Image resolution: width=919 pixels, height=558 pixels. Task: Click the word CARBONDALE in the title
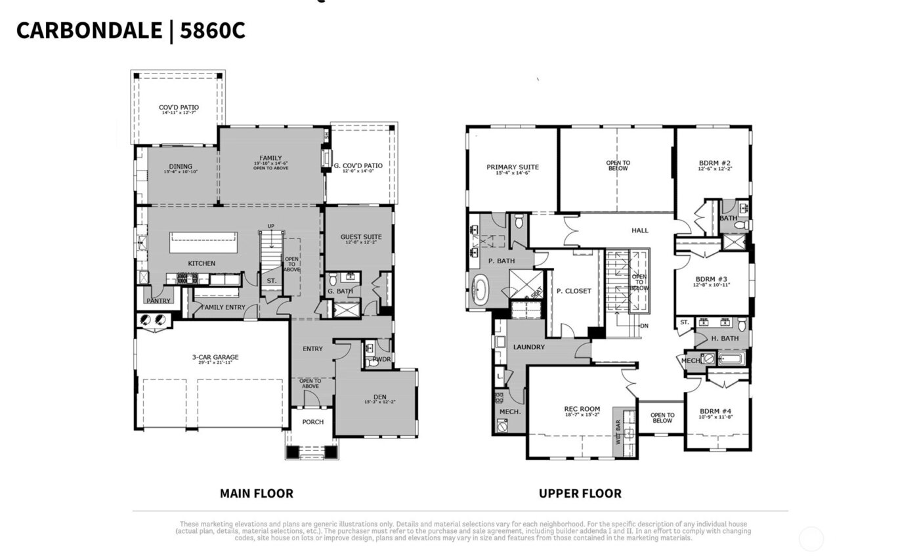[x=89, y=30]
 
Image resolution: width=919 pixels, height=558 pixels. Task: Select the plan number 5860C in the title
[x=212, y=30]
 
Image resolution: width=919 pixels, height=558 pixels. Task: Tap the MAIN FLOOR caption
[x=256, y=493]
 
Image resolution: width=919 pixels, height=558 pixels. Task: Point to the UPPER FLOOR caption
[x=580, y=493]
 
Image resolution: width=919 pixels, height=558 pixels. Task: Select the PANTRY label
[x=158, y=301]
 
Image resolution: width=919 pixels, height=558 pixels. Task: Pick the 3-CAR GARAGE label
[x=215, y=358]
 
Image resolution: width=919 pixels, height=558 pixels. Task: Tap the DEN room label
[x=379, y=396]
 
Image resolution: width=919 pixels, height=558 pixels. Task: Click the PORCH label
[x=312, y=421]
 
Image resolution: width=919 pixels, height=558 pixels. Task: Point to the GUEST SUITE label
[x=360, y=237]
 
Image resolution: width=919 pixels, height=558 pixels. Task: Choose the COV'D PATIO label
[x=179, y=107]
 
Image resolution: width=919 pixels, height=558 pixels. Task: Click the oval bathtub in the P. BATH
[x=481, y=290]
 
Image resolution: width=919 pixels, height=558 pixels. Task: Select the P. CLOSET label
[x=574, y=291]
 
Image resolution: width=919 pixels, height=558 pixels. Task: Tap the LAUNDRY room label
[x=529, y=347]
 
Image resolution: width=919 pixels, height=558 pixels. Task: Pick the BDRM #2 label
[x=714, y=163]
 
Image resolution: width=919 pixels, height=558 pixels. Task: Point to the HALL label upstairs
[x=639, y=230]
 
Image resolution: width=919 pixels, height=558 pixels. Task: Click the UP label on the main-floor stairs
[x=270, y=226]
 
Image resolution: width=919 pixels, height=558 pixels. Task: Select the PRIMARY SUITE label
[x=512, y=167]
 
